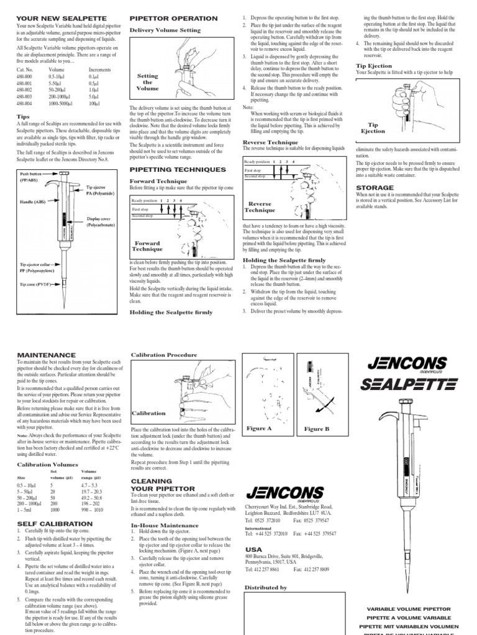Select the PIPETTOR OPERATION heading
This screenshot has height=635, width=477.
click(173, 19)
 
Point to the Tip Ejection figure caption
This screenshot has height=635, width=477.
click(373, 128)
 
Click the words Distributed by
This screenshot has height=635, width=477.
click(266, 587)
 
